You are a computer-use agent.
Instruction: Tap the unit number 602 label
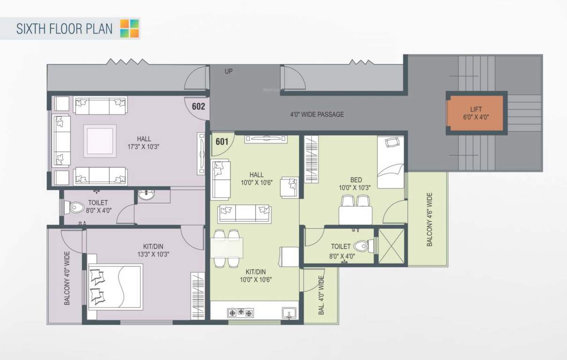198,106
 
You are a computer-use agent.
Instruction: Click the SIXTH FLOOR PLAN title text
64,29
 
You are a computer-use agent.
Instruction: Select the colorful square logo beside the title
129,28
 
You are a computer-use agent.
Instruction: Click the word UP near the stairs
228,72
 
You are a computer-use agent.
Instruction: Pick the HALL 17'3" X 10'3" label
144,142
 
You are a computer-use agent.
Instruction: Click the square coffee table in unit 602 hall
100,141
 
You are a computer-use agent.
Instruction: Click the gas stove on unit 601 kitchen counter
240,312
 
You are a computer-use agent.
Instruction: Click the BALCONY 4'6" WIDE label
430,219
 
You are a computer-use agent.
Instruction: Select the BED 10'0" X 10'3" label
355,183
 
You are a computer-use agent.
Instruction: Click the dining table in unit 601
227,248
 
